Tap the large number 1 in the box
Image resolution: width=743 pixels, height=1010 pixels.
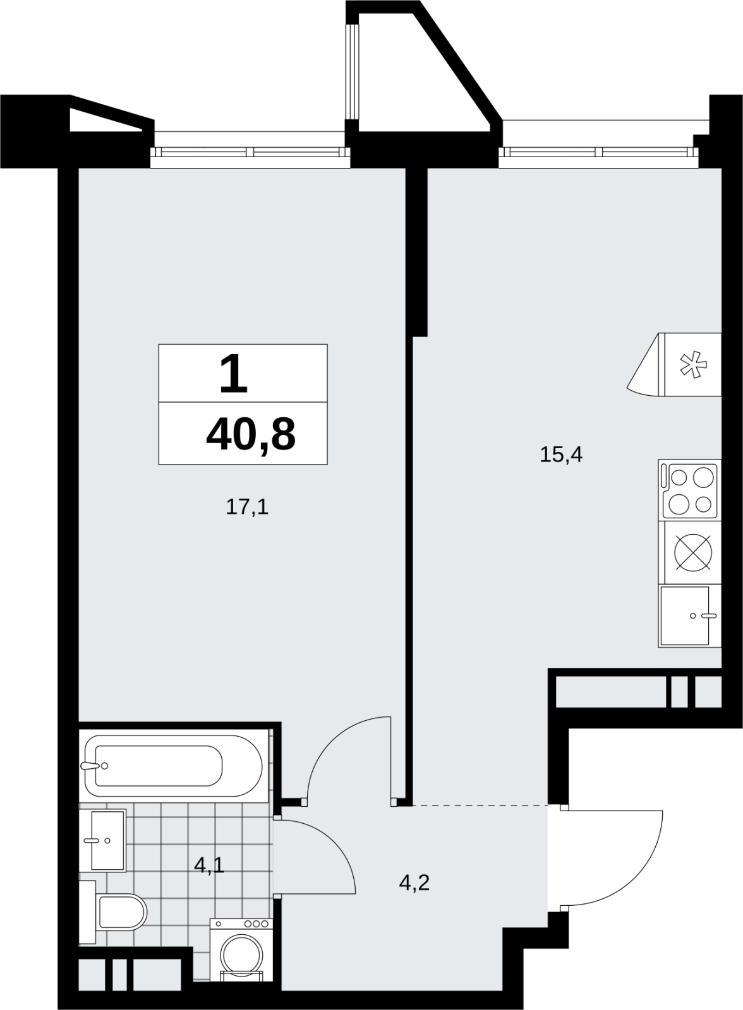click(233, 373)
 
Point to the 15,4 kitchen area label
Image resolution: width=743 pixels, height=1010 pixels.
click(561, 455)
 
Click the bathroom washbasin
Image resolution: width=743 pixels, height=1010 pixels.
click(103, 840)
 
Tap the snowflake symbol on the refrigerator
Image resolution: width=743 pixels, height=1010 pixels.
click(693, 364)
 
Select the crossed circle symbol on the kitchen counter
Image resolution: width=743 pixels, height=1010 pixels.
click(693, 552)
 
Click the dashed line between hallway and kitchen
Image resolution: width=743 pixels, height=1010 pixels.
click(480, 805)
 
